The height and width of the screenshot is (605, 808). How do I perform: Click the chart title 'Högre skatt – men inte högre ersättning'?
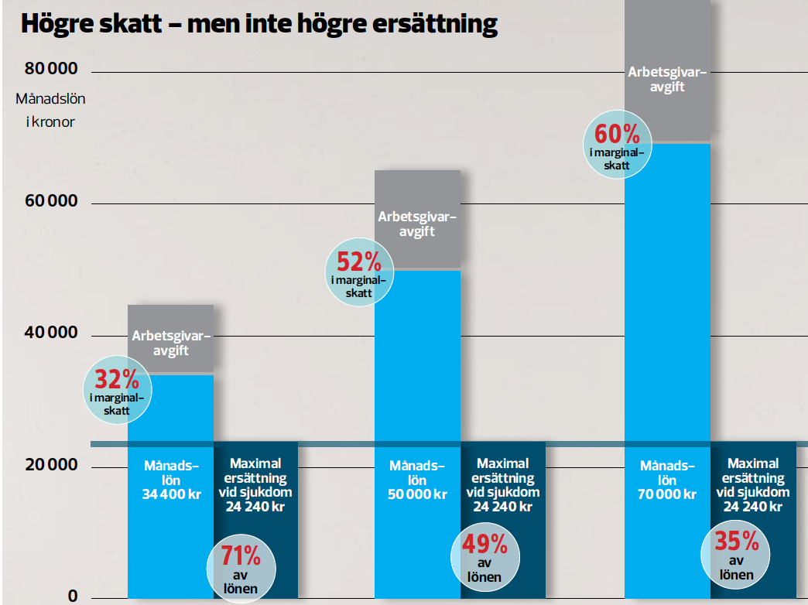258,24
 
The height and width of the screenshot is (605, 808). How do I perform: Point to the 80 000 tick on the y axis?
52,70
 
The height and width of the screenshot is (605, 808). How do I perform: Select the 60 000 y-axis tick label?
52,202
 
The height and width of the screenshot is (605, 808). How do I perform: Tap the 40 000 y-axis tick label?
52,333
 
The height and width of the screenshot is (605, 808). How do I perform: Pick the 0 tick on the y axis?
72,596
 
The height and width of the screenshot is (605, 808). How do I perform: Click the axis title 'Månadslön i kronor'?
50,110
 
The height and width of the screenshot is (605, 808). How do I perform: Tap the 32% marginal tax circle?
117,389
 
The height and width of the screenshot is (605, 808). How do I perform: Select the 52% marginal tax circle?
358,272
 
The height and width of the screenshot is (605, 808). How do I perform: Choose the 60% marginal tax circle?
615,145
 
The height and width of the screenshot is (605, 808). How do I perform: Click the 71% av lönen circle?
241,568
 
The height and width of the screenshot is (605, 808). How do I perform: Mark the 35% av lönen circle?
735,551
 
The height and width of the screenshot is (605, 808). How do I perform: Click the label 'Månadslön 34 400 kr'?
171,480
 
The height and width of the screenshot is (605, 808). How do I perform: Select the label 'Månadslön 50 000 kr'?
417,480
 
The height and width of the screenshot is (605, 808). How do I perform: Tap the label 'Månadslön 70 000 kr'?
667,480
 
